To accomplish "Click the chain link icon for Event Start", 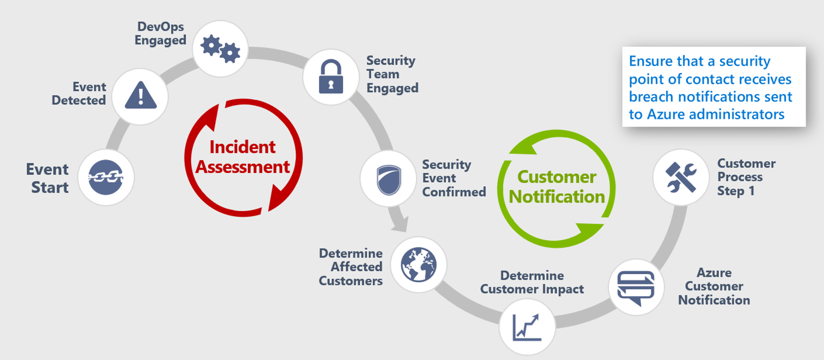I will [106, 177].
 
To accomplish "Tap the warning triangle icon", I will [140, 96].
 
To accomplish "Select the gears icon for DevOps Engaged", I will [221, 49].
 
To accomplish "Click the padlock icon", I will [331, 77].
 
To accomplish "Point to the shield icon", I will [388, 179].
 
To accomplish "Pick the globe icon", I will [418, 265].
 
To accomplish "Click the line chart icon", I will [527, 327].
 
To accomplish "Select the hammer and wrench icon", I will [681, 177].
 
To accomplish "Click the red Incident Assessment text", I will [243, 157].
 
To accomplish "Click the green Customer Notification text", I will [557, 187].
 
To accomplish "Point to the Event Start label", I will [48, 178].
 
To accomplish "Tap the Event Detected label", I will [79, 94].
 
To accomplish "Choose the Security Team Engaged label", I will [391, 74].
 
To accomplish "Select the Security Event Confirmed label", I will [453, 178].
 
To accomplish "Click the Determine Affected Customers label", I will [351, 267].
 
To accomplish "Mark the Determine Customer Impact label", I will [532, 282].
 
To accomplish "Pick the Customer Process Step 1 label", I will [746, 177].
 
